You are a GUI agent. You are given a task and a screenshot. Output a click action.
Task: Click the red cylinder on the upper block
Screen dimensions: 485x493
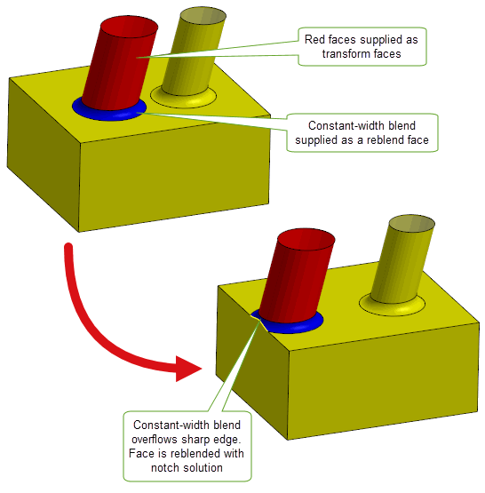119,63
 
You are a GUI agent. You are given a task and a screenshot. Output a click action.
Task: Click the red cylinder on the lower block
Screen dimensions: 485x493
297,276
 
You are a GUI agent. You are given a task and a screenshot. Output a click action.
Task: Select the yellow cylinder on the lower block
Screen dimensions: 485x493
402,258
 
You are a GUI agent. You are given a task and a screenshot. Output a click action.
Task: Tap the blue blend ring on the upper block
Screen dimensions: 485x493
110,115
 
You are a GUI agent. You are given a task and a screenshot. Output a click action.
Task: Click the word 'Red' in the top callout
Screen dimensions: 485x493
314,40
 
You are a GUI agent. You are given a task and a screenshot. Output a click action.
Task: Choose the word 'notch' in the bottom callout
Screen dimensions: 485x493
164,467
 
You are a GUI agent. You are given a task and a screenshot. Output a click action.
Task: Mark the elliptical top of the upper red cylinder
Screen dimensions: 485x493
129,27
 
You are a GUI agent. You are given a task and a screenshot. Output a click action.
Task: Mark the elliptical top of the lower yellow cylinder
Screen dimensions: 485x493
412,224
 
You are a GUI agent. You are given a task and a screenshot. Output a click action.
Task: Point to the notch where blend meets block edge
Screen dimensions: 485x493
259,320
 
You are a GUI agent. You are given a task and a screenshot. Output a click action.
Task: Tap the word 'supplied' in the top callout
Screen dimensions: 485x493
381,40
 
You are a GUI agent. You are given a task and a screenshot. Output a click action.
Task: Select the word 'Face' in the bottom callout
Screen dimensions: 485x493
140,453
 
